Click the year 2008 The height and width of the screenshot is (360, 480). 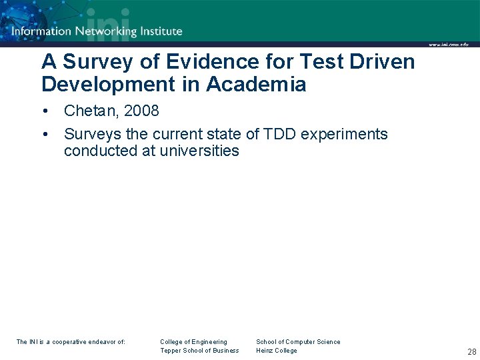pyautogui.click(x=141, y=111)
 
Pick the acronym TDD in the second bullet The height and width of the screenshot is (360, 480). pyautogui.click(x=281, y=134)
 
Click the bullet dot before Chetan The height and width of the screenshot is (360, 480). pyautogui.click(x=45, y=111)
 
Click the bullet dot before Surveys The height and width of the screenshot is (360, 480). pyautogui.click(x=45, y=134)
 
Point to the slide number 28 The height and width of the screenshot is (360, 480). pyautogui.click(x=471, y=351)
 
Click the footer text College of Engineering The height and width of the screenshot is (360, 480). pyautogui.click(x=193, y=342)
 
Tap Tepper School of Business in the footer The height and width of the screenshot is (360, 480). pyautogui.click(x=199, y=351)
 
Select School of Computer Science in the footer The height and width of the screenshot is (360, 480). pyautogui.click(x=298, y=342)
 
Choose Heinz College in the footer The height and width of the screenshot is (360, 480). pyautogui.click(x=277, y=351)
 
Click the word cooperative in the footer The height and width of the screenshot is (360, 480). pyautogui.click(x=71, y=342)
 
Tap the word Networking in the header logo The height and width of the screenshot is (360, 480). pyautogui.click(x=106, y=31)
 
